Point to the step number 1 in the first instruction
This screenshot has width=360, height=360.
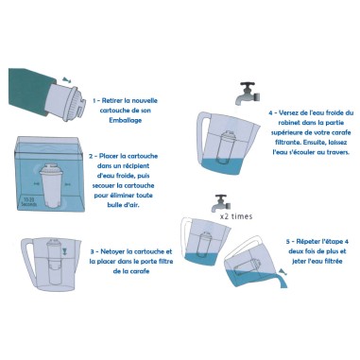(95, 97)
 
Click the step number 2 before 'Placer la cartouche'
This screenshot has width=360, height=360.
(91, 157)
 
